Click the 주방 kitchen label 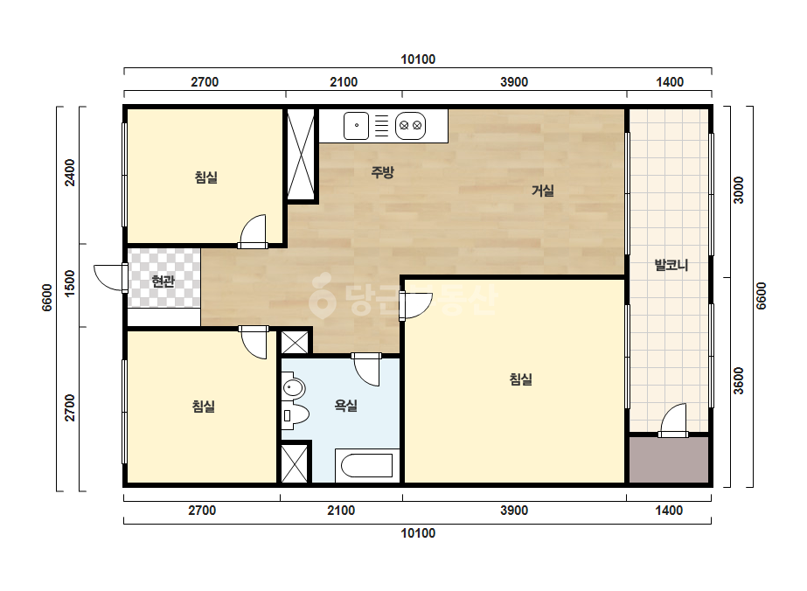(382, 172)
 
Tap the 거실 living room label (543, 191)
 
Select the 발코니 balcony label (671, 265)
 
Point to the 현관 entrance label (163, 282)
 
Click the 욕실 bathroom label (346, 406)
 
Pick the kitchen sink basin (356, 126)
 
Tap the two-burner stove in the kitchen (410, 126)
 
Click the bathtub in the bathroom (367, 465)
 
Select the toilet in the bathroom (295, 415)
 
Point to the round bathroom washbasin (294, 387)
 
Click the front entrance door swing (110, 277)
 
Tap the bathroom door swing (366, 369)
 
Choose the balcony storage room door (672, 421)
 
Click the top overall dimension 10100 (418, 59)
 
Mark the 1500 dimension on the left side (69, 283)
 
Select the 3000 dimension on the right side (739, 191)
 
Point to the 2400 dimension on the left (69, 173)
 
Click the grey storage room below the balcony (669, 460)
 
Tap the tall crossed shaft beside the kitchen (301, 154)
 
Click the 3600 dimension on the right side (739, 381)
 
